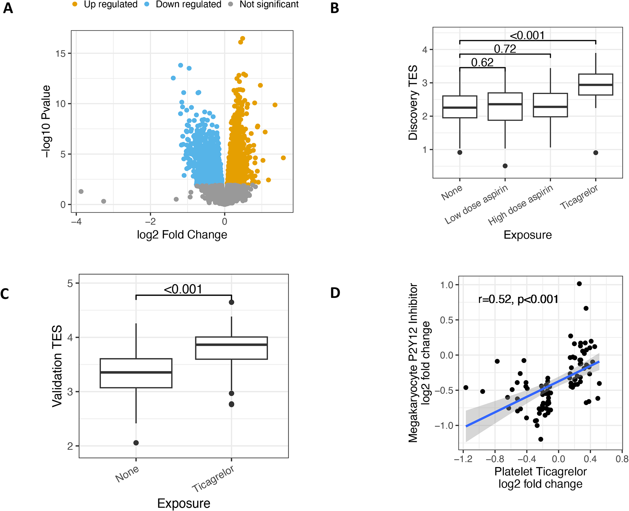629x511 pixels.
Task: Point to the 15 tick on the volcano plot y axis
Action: point(61,53)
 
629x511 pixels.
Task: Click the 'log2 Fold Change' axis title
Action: point(182,235)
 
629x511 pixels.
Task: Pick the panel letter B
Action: point(334,8)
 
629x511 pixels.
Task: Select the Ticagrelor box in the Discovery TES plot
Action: point(595,85)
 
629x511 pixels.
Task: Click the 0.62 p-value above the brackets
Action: point(482,62)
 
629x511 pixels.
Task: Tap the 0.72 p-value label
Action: point(505,49)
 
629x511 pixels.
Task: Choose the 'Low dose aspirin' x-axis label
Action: point(476,204)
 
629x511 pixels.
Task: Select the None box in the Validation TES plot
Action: point(136,373)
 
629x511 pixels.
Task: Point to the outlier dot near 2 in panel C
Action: point(136,443)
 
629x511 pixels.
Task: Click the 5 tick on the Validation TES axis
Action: point(70,283)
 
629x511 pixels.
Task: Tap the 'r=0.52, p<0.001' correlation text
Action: point(518,299)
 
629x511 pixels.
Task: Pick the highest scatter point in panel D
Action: point(579,284)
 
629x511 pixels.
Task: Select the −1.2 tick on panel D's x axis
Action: point(463,459)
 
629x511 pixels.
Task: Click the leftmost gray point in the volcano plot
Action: point(81,191)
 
